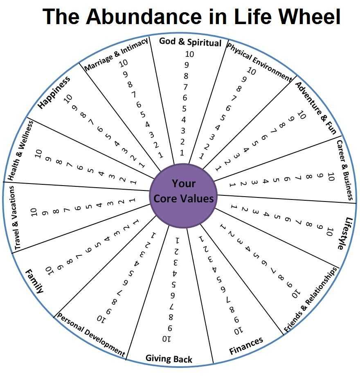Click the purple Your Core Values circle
183,196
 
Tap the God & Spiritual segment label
190,42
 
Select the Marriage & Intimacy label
116,54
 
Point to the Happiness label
54,92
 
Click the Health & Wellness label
20,150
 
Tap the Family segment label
35,281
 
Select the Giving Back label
169,359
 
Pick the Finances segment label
246,346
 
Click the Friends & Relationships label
310,300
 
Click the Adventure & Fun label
316,108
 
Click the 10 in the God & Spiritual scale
189,54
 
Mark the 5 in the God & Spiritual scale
184,109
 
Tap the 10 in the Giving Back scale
166,339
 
